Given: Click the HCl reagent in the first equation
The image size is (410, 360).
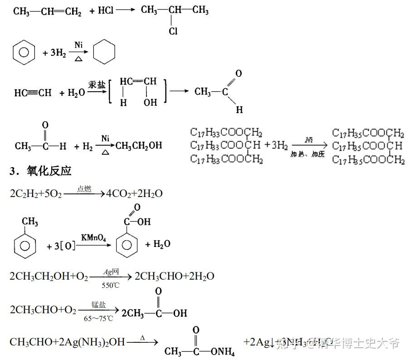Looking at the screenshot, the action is click(x=106, y=10).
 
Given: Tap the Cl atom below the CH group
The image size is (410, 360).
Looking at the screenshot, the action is click(x=173, y=32).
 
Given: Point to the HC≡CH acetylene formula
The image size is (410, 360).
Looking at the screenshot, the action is click(x=33, y=93).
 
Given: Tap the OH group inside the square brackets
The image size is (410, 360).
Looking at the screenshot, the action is click(x=150, y=103).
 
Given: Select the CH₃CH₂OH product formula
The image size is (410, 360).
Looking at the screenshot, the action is click(x=139, y=146).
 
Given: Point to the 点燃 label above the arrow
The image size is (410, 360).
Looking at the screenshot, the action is click(x=84, y=189).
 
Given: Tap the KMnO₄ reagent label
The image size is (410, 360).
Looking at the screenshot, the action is click(x=94, y=237).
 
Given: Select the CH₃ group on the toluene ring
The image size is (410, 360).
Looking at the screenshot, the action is click(x=30, y=222).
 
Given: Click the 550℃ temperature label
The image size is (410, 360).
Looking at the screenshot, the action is click(x=111, y=286).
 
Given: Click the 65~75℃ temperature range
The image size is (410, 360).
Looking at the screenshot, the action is click(x=98, y=318).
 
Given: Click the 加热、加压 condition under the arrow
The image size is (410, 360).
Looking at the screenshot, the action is click(x=307, y=154).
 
